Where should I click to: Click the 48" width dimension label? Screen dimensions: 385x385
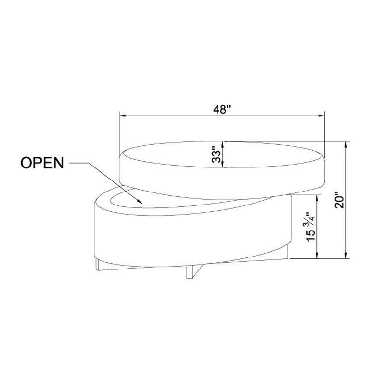coord(223,110)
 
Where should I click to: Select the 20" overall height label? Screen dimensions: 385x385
coord(339,200)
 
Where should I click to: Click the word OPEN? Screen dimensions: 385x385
coord(42,163)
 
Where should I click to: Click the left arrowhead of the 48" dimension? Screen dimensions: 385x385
coord(122,115)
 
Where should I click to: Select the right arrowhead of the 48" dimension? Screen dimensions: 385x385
coord(321,115)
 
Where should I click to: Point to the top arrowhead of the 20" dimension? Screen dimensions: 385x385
coord(346,145)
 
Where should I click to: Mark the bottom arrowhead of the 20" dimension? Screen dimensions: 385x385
coord(346,256)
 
